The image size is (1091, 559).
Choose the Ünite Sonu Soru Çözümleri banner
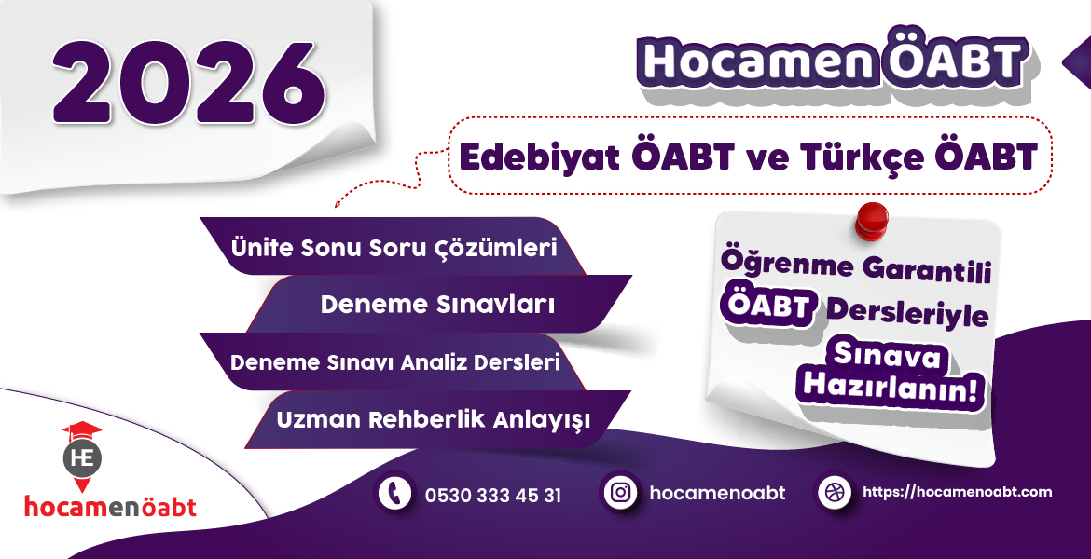[394, 249]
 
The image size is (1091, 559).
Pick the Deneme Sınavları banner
[438, 305]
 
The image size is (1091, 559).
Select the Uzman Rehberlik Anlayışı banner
[434, 419]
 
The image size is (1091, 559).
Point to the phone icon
[395, 493]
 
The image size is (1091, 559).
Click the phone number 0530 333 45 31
[493, 495]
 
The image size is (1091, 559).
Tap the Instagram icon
[619, 493]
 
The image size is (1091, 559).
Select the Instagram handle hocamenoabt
[718, 493]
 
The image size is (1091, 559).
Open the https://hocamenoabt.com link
[958, 492]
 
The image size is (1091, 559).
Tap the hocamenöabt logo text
[110, 507]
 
